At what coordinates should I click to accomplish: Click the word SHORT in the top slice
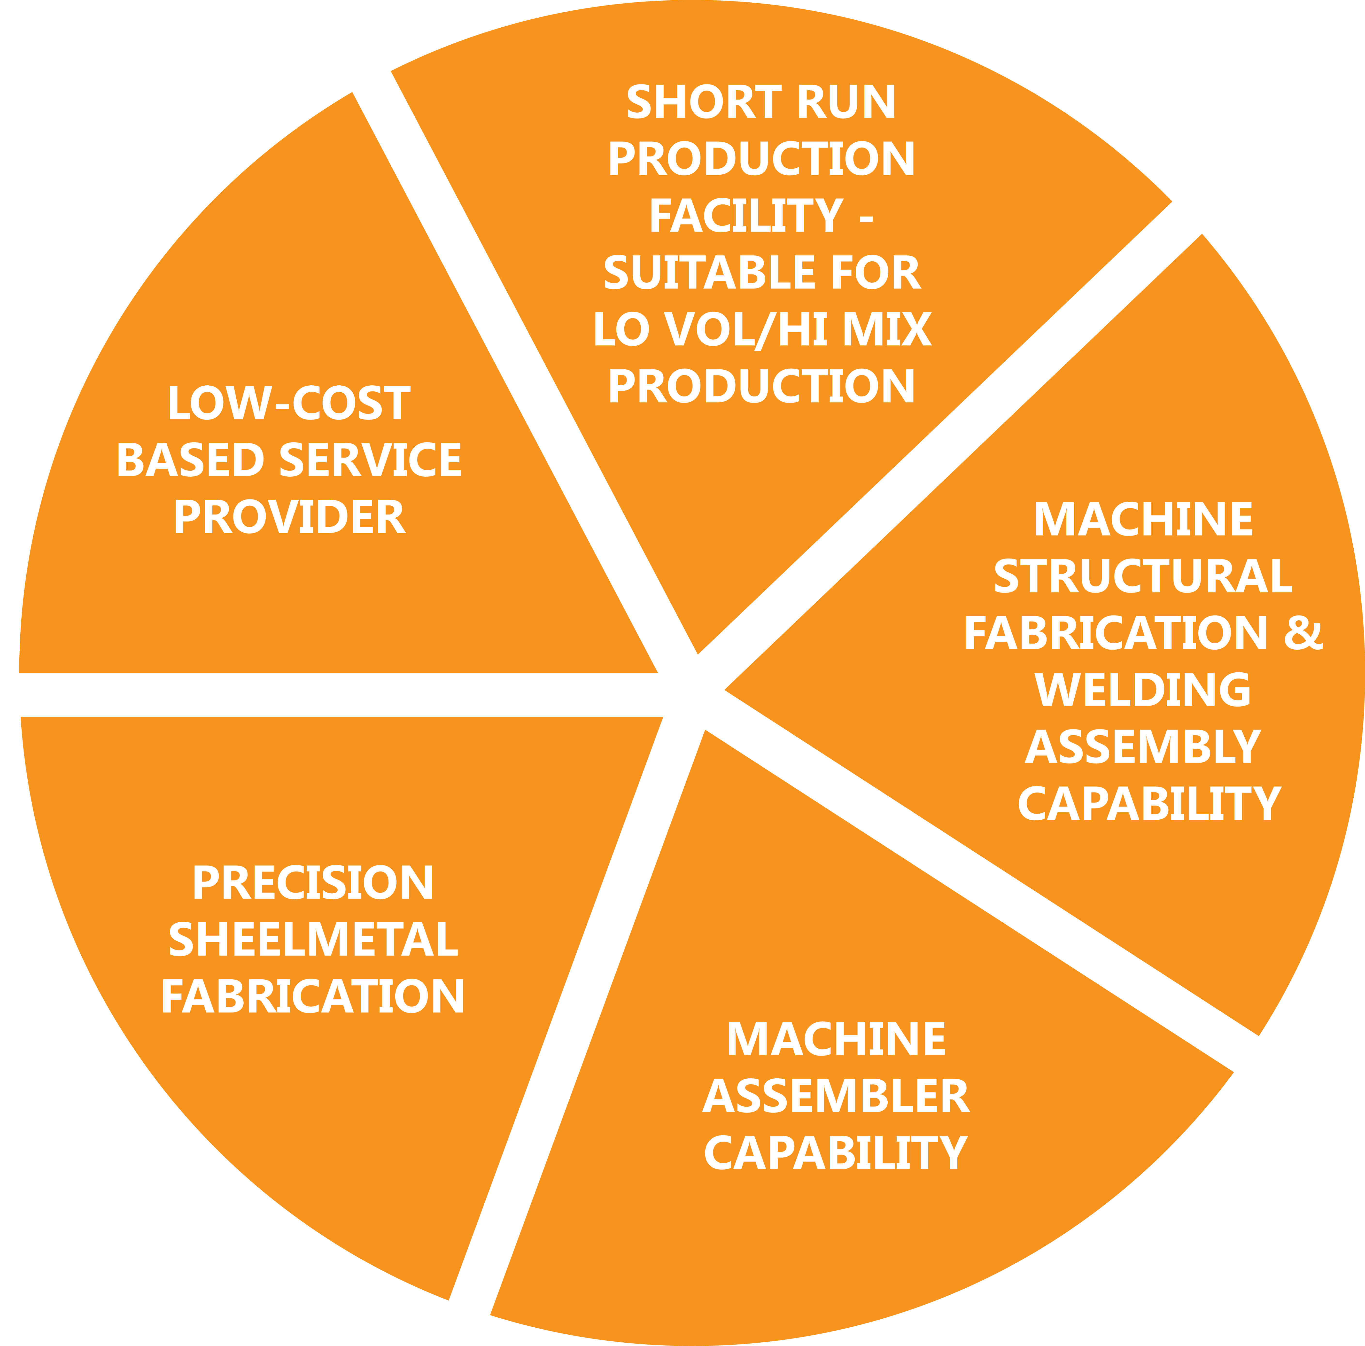click(703, 102)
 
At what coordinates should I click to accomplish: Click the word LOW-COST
click(288, 404)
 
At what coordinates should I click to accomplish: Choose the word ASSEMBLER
click(836, 1097)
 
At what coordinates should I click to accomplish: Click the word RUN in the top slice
click(846, 102)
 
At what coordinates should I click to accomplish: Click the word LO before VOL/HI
click(620, 330)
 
